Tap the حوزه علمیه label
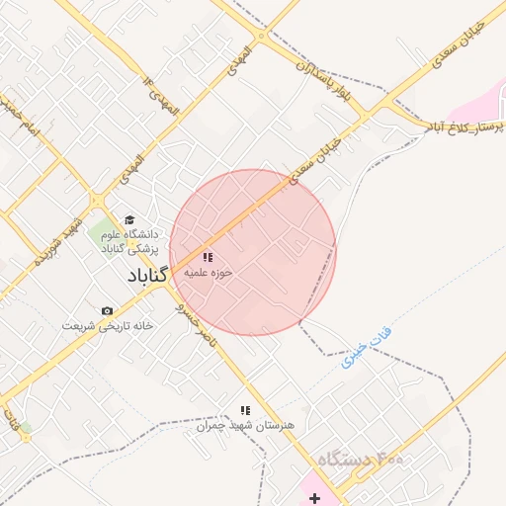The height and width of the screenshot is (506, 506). (208, 272)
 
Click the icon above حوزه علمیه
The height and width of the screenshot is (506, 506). (208, 257)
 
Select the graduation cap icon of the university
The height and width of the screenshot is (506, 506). (128, 220)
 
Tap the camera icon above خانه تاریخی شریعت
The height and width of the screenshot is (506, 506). (107, 311)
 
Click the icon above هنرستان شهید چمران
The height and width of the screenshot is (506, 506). (245, 410)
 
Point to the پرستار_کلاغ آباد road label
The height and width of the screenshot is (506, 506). (464, 127)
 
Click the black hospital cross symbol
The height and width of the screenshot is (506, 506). (314, 498)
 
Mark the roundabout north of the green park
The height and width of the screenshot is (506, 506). (97, 202)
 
